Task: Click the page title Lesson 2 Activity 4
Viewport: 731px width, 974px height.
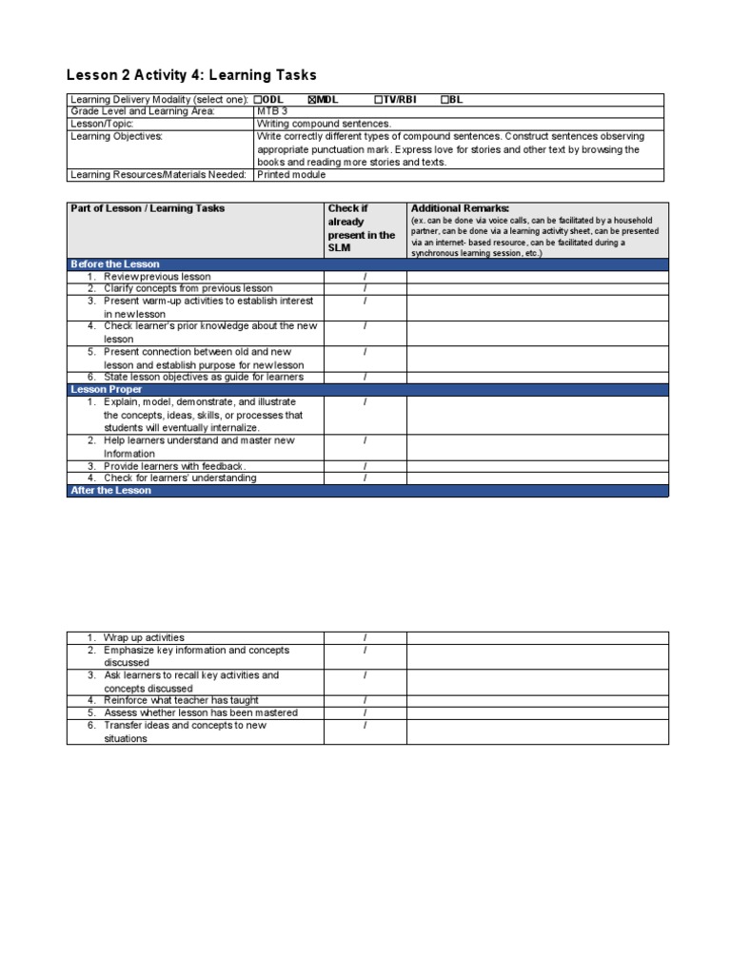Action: (191, 75)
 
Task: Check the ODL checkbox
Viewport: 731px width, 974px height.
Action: (258, 100)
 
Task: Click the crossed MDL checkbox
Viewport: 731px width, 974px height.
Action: (311, 100)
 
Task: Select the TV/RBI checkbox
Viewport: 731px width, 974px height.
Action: (378, 100)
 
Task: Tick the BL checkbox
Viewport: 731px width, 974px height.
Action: (445, 100)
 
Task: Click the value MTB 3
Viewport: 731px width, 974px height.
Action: (271, 111)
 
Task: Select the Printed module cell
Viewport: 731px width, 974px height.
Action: (291, 174)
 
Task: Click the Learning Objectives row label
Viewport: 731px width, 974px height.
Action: (117, 136)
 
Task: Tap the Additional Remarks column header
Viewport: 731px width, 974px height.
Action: (460, 208)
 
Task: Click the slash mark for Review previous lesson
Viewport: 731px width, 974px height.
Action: (365, 276)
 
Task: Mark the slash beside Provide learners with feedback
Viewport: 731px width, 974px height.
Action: (365, 466)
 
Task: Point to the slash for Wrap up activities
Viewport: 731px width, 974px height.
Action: (365, 637)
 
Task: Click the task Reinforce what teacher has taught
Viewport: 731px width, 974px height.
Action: (181, 700)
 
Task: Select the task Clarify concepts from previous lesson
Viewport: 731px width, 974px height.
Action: (188, 288)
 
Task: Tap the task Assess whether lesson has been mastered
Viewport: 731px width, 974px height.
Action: (200, 712)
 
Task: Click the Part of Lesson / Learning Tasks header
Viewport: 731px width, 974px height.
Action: (148, 208)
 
